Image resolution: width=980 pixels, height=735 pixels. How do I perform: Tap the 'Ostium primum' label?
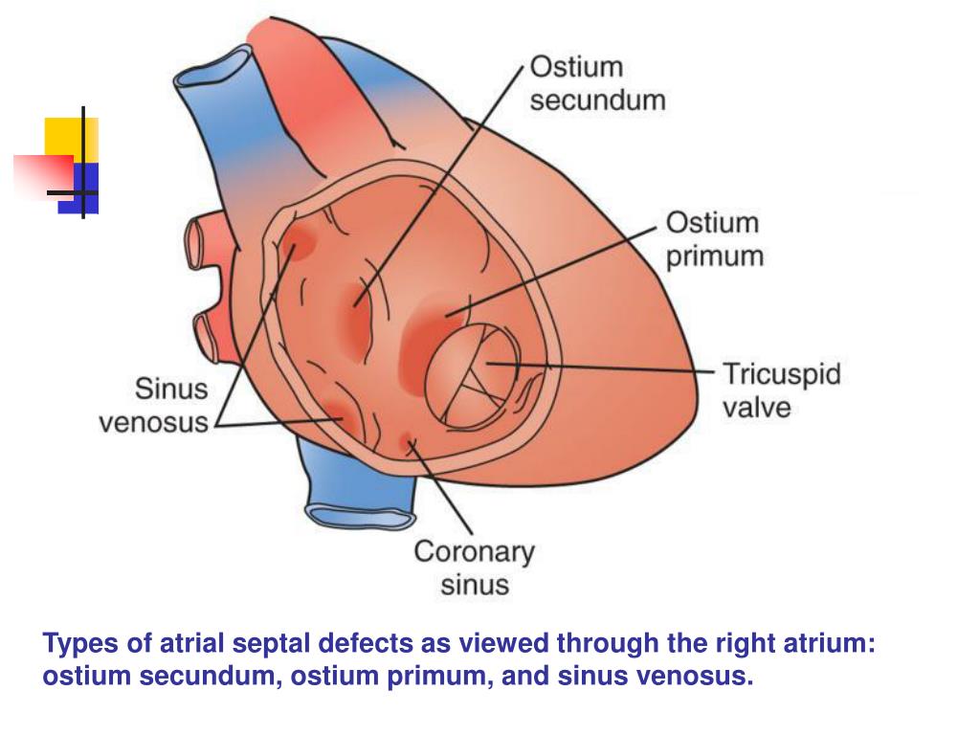(714, 239)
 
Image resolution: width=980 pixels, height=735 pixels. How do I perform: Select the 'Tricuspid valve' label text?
(780, 390)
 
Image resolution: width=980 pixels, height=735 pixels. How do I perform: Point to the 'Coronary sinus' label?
(474, 568)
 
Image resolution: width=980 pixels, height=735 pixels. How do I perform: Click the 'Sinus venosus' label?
(155, 405)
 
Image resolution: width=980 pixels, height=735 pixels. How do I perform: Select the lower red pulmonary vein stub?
(207, 330)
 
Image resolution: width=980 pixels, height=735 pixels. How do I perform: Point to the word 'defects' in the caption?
(368, 643)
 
